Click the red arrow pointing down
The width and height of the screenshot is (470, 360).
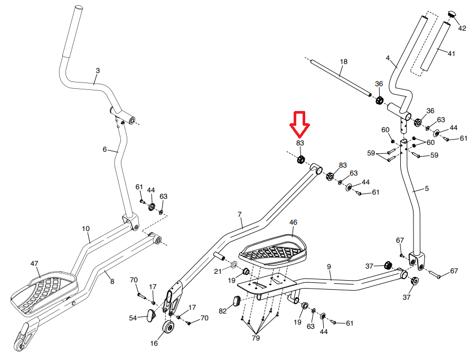[x=300, y=123]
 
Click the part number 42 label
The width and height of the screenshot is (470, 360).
[x=462, y=30]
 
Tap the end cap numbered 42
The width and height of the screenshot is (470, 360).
[x=452, y=13]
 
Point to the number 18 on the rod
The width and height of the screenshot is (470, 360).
[x=344, y=62]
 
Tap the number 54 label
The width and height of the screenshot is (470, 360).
[x=134, y=318]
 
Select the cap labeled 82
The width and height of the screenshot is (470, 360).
[x=236, y=301]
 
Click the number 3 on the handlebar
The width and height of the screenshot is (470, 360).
[x=97, y=70]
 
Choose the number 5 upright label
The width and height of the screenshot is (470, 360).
[x=427, y=189]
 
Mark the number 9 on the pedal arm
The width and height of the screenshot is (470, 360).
[x=329, y=267]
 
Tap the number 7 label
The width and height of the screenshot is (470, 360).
[x=239, y=215]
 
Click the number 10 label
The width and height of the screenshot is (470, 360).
[x=86, y=229]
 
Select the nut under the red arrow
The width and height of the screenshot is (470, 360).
[x=300, y=160]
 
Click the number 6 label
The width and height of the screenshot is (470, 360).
[x=105, y=150]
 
